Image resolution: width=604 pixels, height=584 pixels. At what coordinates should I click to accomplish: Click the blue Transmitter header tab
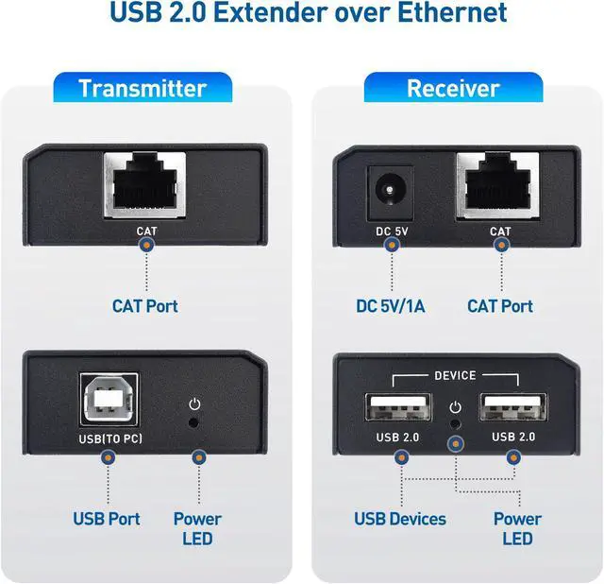143,89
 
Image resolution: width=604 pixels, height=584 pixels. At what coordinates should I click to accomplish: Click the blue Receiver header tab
453,89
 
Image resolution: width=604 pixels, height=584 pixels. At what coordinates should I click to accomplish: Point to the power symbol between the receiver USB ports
455,407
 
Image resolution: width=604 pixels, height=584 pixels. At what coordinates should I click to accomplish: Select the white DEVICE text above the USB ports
456,375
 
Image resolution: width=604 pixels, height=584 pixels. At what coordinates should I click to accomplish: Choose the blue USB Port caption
107,519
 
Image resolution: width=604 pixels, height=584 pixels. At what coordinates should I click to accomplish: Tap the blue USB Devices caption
400,519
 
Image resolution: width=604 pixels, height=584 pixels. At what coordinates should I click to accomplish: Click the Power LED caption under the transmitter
197,528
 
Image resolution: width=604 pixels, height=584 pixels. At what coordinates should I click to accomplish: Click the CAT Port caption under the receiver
500,306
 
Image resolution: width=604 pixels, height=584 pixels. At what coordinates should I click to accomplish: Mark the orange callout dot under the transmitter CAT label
145,244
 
